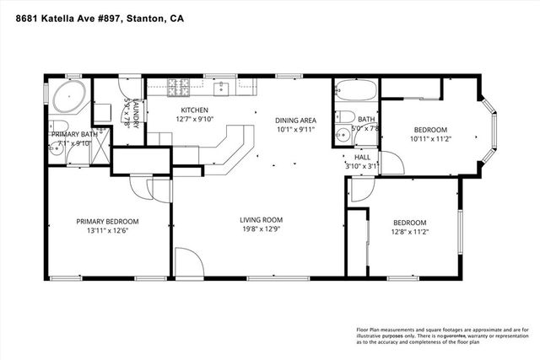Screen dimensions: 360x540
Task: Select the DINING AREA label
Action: pos(294,120)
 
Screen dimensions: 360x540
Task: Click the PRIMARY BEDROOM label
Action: pos(107,222)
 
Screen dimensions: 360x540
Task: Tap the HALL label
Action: pos(362,157)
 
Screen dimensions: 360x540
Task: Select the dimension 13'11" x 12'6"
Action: pos(107,233)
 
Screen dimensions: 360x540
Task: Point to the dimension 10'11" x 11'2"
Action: pos(429,141)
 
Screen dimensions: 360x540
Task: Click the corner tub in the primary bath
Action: pos(64,97)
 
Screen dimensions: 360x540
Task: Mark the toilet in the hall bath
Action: pos(343,116)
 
